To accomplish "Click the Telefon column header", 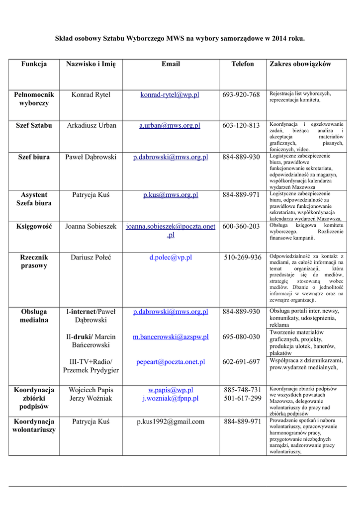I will (242, 64).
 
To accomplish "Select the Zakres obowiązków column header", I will (300, 64).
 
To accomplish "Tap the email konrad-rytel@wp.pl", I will (170, 94).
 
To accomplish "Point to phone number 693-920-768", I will (241, 94).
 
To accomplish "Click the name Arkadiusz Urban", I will (91, 125).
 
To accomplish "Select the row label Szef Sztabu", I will (34, 125).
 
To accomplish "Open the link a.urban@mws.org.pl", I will (170, 125).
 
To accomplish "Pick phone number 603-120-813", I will (241, 125).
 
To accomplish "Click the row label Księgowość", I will (34, 226).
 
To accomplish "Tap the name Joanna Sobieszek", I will (91, 226).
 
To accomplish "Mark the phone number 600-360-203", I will (241, 226).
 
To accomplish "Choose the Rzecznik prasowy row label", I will (34, 261).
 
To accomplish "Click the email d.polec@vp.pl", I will (171, 257).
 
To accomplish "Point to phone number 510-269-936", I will (242, 257).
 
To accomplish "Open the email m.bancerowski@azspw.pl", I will (171, 337).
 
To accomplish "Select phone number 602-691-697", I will (241, 362).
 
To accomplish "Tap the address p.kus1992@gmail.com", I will (171, 422).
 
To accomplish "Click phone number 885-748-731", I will (242, 390).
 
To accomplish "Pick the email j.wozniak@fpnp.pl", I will (171, 398).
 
